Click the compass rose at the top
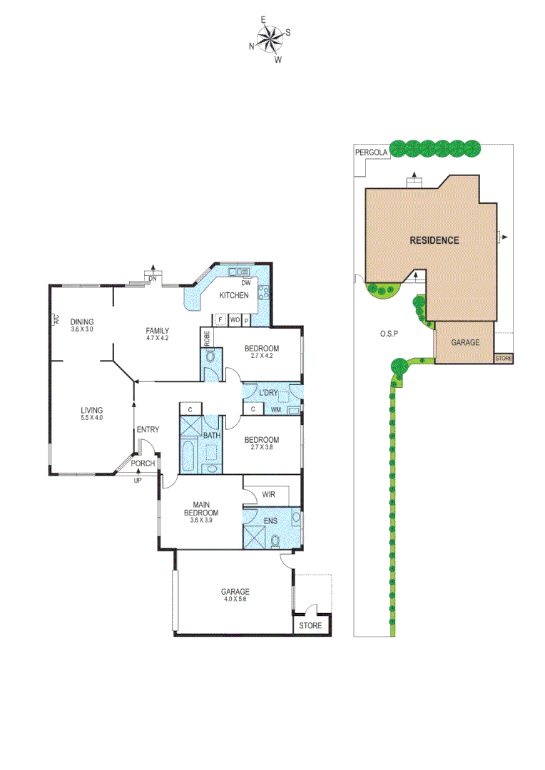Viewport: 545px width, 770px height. click(x=270, y=41)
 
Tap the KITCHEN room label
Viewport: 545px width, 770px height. click(x=234, y=295)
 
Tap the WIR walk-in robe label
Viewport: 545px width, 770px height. click(x=269, y=494)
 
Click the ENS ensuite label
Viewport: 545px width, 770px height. click(x=270, y=521)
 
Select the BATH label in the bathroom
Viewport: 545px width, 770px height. click(x=211, y=436)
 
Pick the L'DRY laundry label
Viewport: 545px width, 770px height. click(x=268, y=394)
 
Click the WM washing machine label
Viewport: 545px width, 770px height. click(x=276, y=410)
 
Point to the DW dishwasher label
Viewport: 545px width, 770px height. click(x=245, y=283)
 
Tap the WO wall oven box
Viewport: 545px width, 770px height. click(x=234, y=320)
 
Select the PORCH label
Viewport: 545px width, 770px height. click(x=142, y=463)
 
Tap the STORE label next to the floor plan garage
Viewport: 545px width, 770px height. click(x=310, y=626)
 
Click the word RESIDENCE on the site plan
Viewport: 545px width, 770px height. click(x=434, y=240)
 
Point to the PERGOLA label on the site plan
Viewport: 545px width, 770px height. click(x=371, y=153)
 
